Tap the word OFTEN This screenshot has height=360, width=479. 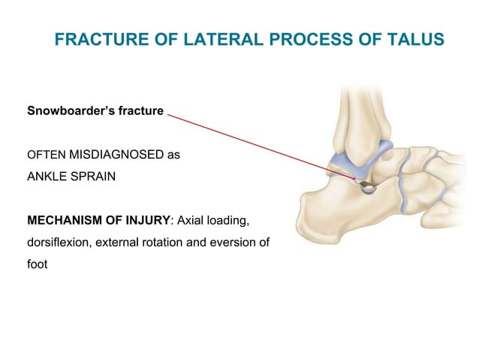coord(46,156)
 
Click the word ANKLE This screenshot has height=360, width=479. coord(48,180)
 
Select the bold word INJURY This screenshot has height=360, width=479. coord(149,222)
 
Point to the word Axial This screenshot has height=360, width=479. coord(192,222)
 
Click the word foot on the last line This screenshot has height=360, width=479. coord(38,265)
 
